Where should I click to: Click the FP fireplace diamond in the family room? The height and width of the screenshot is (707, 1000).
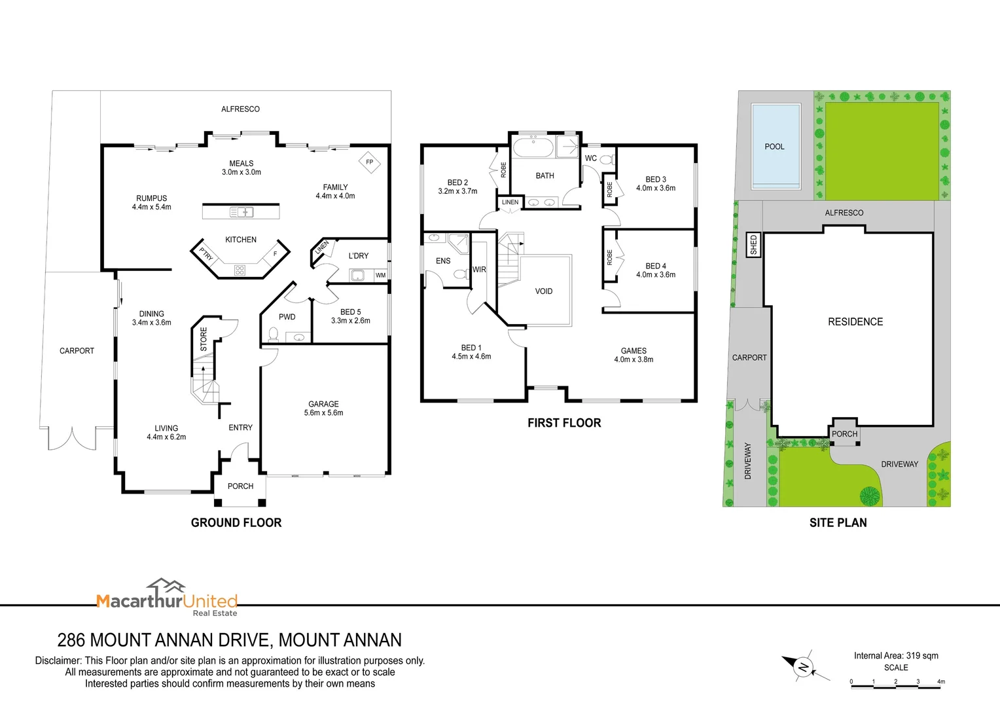click(x=370, y=162)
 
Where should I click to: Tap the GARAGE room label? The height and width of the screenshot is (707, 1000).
click(x=323, y=404)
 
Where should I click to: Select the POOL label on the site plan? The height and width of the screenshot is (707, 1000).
click(x=774, y=147)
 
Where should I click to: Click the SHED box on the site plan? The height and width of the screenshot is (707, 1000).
click(x=753, y=245)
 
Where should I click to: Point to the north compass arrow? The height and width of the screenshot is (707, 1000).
click(x=802, y=667)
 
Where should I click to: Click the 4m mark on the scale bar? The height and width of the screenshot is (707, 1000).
click(x=940, y=682)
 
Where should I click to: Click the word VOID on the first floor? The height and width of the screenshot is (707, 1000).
click(x=544, y=291)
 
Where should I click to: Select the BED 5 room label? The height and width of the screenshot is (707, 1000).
click(x=350, y=312)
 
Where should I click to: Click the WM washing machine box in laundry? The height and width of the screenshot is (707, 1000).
click(x=380, y=276)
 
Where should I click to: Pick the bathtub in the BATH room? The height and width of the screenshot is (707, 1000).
click(x=533, y=147)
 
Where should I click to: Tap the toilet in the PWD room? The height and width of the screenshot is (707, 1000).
click(x=273, y=336)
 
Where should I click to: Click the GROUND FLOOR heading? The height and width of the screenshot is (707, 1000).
click(x=236, y=522)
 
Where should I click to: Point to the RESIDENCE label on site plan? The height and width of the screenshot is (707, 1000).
click(x=855, y=322)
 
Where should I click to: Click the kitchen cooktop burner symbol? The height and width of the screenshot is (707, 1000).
click(x=240, y=270)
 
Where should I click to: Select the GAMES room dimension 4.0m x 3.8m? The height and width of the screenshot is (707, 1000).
click(x=634, y=359)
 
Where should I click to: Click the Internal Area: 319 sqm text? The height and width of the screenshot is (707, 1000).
click(x=896, y=655)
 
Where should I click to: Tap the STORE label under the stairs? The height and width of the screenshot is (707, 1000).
click(x=204, y=339)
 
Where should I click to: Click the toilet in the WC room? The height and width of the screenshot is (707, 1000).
click(x=605, y=159)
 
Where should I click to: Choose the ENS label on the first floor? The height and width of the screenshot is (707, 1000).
click(x=443, y=261)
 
